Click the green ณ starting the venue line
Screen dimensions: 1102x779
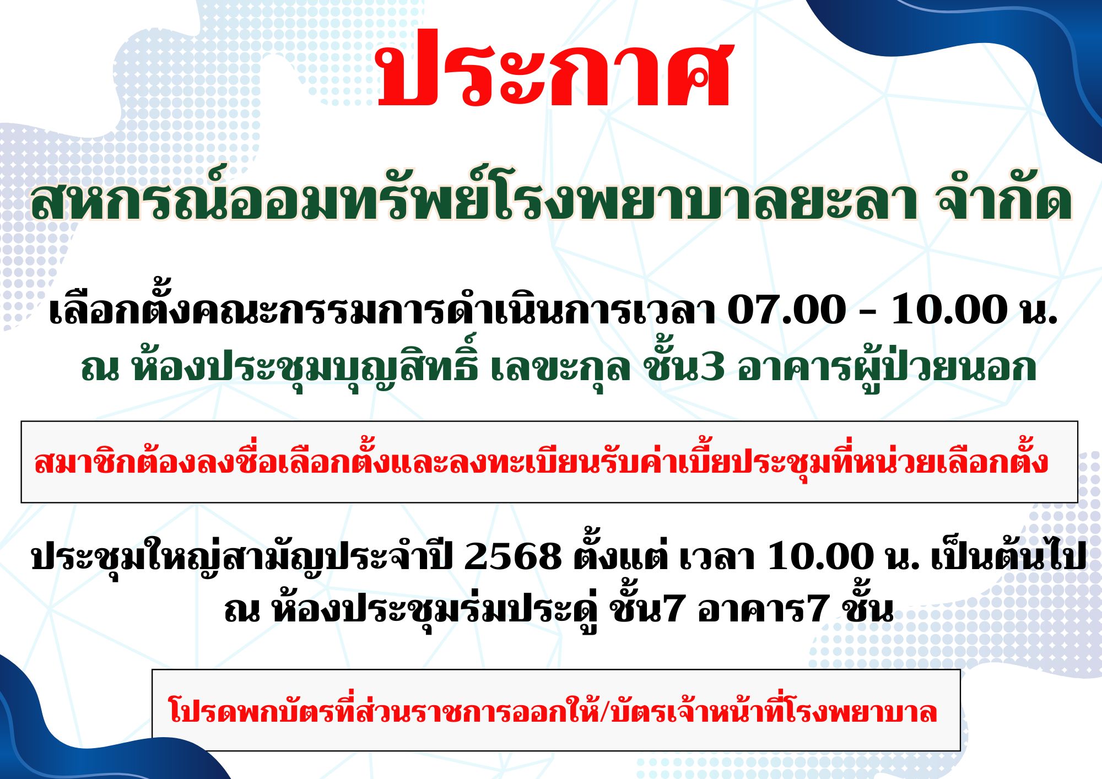point(100,369)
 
